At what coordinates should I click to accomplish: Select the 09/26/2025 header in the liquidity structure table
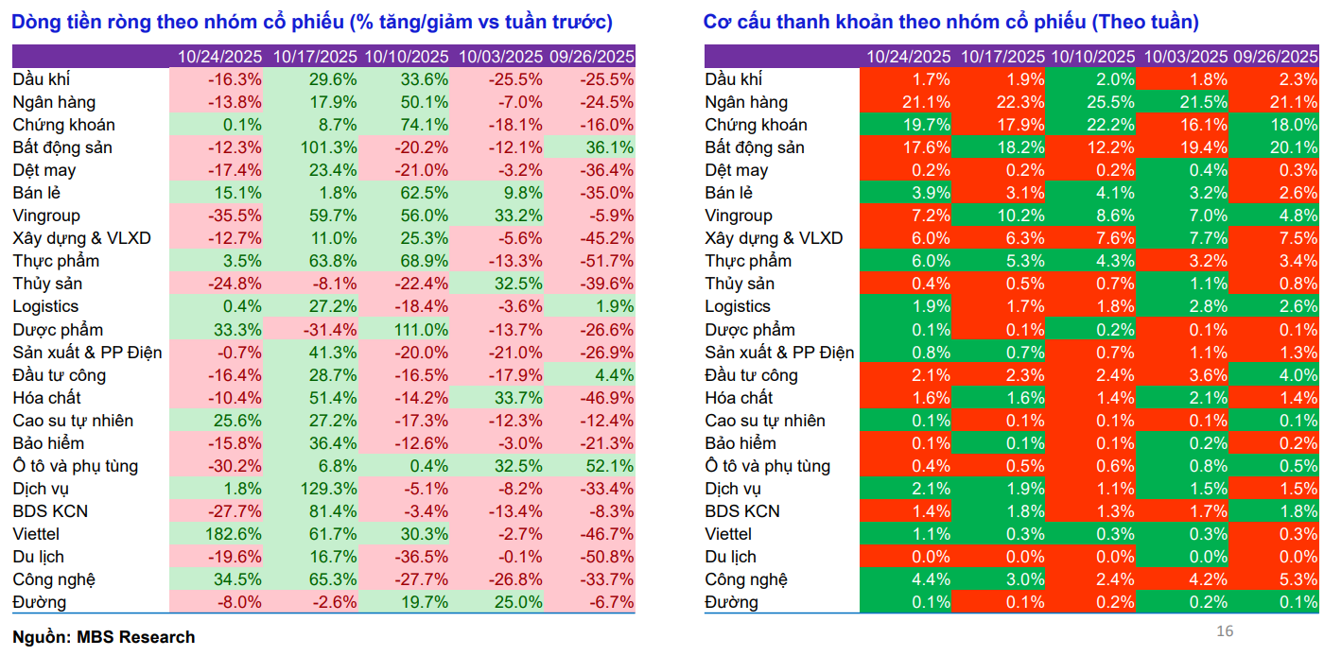[1275, 57]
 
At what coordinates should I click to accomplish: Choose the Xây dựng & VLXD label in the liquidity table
[774, 238]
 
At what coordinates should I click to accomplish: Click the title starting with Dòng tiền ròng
[312, 22]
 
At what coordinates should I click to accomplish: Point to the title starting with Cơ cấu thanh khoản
[950, 22]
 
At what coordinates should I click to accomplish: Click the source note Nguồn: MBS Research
[104, 637]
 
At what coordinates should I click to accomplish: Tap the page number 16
[1225, 631]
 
